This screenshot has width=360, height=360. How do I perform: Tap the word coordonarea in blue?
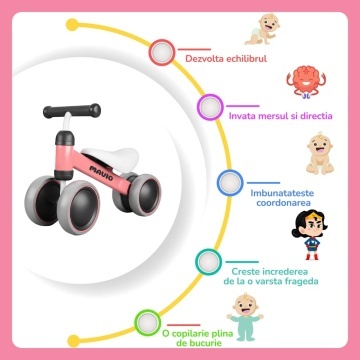pyautogui.click(x=283, y=203)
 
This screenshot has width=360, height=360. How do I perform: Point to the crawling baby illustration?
pyautogui.click(x=262, y=29)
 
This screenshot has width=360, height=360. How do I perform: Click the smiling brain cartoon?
pyautogui.click(x=306, y=82)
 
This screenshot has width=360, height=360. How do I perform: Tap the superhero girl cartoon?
pyautogui.click(x=309, y=235)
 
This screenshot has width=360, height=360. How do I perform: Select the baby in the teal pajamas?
pyautogui.click(x=245, y=317)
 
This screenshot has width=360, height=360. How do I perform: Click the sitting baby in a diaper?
pyautogui.click(x=320, y=153)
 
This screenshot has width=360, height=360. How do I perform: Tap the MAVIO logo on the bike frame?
pyautogui.click(x=101, y=172)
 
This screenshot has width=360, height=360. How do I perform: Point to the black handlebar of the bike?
pyautogui.click(x=72, y=110)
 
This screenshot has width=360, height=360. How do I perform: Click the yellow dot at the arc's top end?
pyautogui.click(x=72, y=25)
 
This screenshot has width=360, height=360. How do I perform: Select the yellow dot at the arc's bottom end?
pyautogui.click(x=74, y=341)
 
